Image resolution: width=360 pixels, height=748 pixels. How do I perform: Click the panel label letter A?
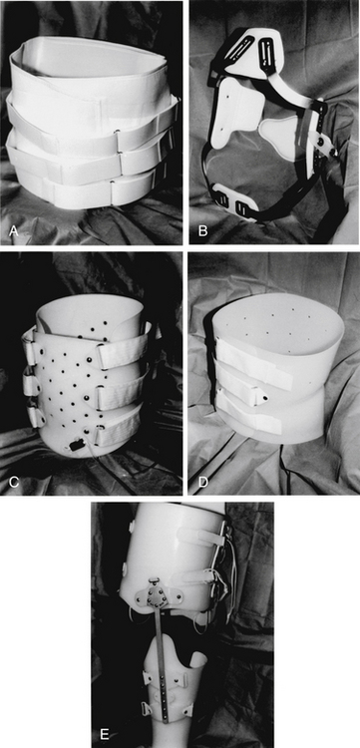tap(13, 231)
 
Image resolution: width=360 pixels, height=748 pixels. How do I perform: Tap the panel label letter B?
tap(202, 231)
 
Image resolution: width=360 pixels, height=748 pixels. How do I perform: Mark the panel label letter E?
tap(105, 736)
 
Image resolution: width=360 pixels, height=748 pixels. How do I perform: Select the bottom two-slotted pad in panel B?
tap(235, 199)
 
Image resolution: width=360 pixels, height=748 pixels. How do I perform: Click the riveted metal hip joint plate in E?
tap(155, 594)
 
